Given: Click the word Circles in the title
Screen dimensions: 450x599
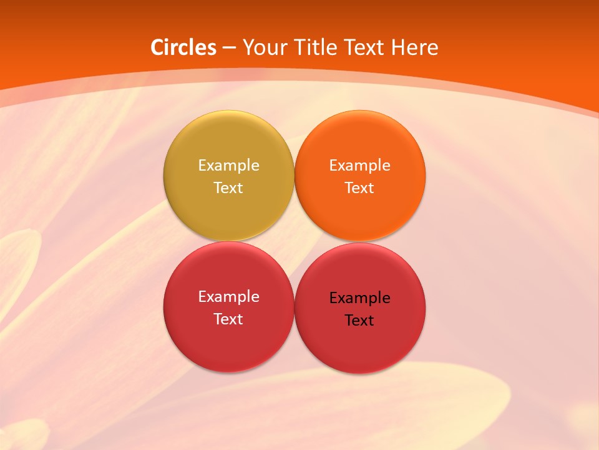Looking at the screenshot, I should point(183,47).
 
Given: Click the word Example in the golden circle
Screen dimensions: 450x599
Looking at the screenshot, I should point(228,166).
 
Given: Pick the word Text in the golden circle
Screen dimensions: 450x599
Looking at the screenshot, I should point(228,188).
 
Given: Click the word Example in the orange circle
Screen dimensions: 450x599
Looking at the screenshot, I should point(359,166).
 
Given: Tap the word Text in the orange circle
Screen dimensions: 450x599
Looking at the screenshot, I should point(359,188).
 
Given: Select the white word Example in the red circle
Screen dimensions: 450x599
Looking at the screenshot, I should point(228,297).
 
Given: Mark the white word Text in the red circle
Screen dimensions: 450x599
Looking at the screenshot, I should point(228,319).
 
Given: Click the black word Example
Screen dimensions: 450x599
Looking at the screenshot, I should point(359,298).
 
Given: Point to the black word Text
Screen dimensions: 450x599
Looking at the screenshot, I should point(359,321).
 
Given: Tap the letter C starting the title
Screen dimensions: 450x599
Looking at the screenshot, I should point(157,47).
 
